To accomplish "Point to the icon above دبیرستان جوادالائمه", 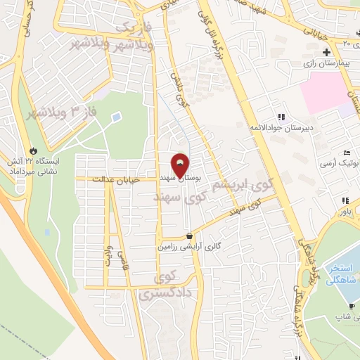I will point(282,117).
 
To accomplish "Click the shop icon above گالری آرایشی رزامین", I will point(189,236).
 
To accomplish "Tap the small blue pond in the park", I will point(116,116).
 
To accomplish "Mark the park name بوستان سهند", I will point(181,179).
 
